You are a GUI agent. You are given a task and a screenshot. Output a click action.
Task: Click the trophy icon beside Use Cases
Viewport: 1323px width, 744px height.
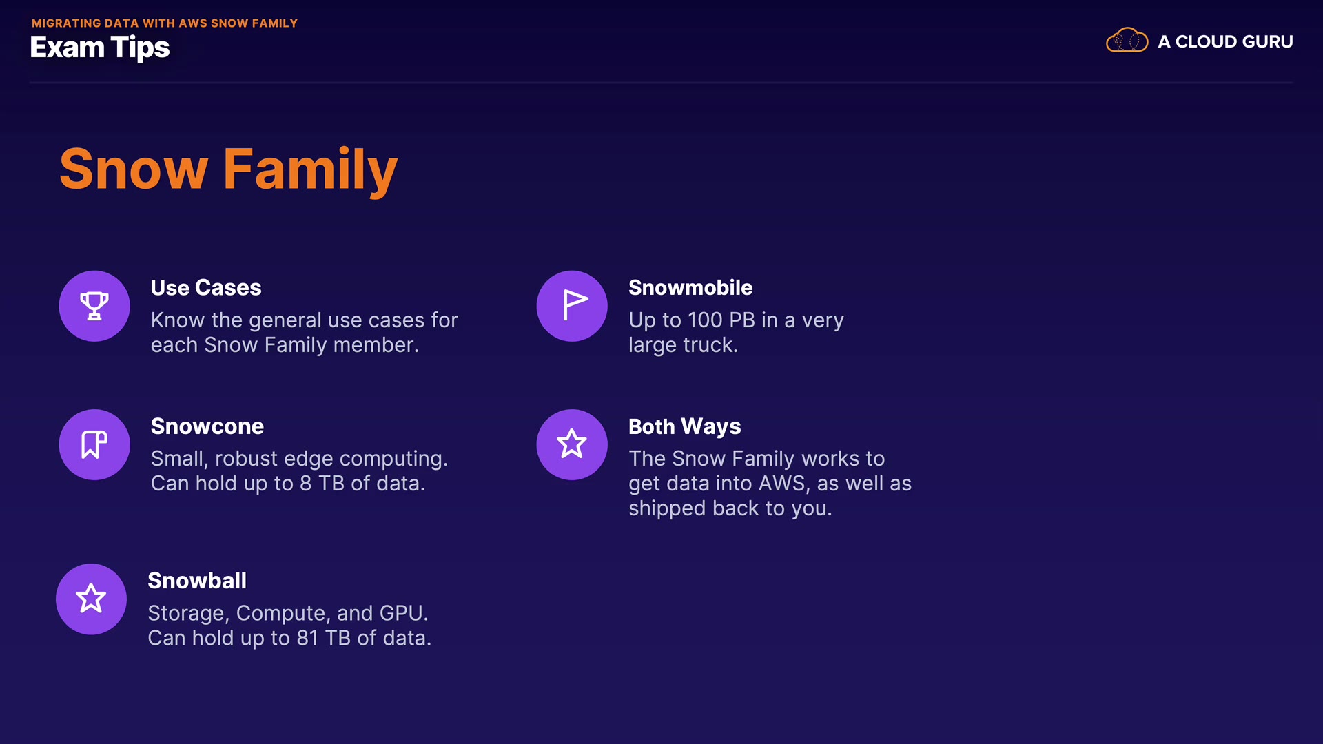(x=94, y=306)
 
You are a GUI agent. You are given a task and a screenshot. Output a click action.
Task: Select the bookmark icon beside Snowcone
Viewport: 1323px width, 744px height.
(x=94, y=444)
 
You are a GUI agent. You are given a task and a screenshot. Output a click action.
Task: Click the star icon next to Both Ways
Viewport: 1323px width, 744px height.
(x=572, y=444)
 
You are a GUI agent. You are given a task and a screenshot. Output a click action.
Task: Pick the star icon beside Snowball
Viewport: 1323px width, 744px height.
(x=91, y=599)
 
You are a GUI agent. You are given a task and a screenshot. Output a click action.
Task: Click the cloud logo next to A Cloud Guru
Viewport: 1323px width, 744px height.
(x=1127, y=41)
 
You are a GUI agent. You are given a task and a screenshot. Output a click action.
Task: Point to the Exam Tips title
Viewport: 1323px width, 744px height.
(x=100, y=48)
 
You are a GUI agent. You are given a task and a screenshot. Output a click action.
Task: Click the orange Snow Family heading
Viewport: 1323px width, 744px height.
(x=228, y=169)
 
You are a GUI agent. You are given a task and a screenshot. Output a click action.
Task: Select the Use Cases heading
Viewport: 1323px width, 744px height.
(x=206, y=287)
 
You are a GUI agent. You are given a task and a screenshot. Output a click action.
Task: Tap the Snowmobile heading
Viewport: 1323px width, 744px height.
(x=690, y=287)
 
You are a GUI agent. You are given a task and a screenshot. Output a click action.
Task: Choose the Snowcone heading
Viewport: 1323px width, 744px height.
(x=207, y=426)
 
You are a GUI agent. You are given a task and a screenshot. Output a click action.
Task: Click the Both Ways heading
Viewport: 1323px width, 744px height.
(x=685, y=427)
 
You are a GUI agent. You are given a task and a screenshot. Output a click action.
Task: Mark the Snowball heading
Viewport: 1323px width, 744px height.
(x=197, y=581)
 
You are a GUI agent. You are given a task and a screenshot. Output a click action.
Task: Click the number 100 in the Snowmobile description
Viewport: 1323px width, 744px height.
(x=705, y=320)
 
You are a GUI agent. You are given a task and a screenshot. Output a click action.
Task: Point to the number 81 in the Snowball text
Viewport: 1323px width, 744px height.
(x=307, y=638)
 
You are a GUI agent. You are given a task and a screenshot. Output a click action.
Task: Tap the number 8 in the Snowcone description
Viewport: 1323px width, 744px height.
(x=305, y=484)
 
